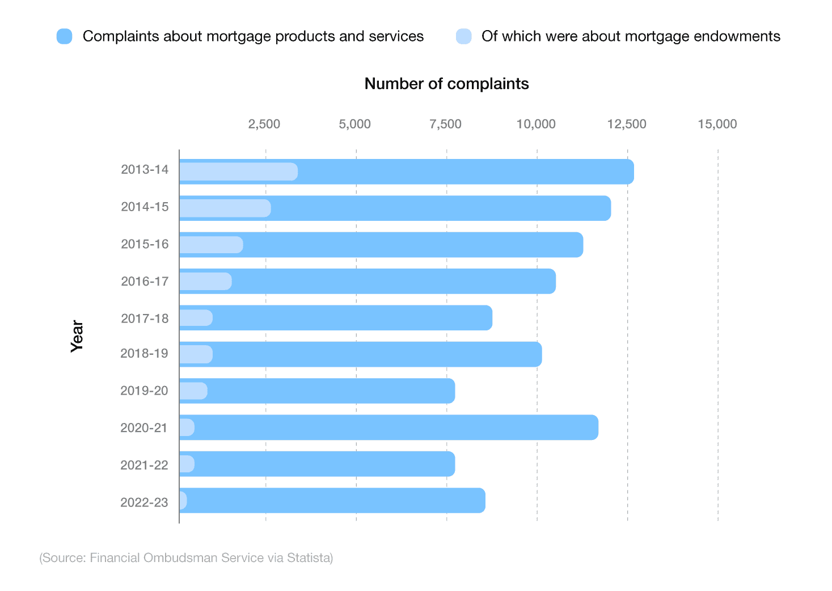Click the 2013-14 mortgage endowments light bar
point(238,171)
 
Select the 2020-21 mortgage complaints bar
point(397,427)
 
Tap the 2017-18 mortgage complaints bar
point(352,318)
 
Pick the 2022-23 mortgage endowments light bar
point(183,501)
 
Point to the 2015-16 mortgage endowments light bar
point(211,245)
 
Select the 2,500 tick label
point(264,124)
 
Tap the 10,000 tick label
point(536,124)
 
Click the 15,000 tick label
point(717,124)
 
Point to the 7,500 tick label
point(445,124)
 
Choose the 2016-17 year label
point(145,282)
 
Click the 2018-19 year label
point(144,354)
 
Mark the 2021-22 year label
point(144,466)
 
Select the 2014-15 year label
point(145,207)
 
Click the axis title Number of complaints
point(446,84)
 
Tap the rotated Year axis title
point(77,336)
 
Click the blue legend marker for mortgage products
point(65,36)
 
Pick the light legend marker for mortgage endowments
point(463,36)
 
